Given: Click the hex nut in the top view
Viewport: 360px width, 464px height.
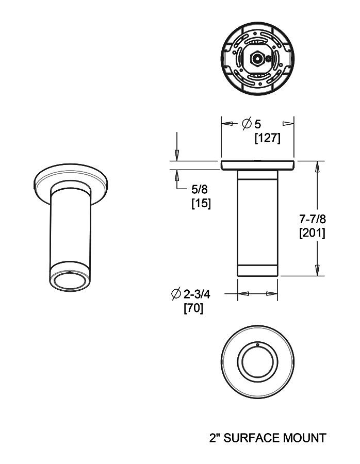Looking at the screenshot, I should pyautogui.click(x=256, y=58).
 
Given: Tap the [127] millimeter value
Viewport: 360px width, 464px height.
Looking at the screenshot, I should pyautogui.click(x=268, y=138).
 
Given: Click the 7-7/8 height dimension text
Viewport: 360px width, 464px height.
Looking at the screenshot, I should pyautogui.click(x=312, y=219).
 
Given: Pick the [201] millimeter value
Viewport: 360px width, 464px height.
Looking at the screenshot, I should pyautogui.click(x=312, y=233).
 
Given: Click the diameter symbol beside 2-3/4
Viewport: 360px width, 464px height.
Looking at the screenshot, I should pyautogui.click(x=175, y=294).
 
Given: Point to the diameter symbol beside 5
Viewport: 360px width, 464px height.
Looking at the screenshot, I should pyautogui.click(x=246, y=124).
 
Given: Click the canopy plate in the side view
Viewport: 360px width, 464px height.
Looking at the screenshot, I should pyautogui.click(x=257, y=165).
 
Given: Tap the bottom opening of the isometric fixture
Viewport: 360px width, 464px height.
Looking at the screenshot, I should pyautogui.click(x=71, y=281).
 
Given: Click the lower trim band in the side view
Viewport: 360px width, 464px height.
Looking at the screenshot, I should pyautogui.click(x=257, y=270).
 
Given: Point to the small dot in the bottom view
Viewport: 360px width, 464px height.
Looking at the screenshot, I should pyautogui.click(x=257, y=344).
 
